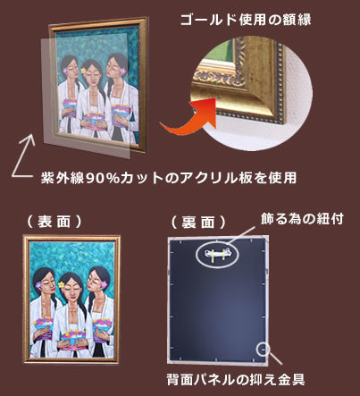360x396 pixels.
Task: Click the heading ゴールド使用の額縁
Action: (246, 20)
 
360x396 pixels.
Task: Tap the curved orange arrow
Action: (190, 118)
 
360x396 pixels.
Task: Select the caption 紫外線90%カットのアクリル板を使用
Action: (169, 178)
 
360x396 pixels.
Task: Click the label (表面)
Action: (54, 222)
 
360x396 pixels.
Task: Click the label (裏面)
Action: (198, 223)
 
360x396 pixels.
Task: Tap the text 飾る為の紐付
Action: (302, 219)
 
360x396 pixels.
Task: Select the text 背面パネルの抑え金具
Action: (235, 380)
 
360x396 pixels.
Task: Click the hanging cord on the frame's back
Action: (217, 254)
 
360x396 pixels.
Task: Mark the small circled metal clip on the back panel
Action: (263, 349)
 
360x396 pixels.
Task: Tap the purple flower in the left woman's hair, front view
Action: (38, 285)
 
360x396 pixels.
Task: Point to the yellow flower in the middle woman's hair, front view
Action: (62, 284)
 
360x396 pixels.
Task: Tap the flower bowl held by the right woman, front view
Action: (103, 324)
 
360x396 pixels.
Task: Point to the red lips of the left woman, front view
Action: (53, 290)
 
